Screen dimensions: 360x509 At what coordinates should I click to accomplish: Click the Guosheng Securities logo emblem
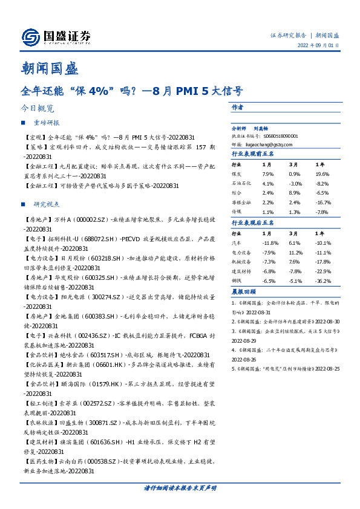click(x=30, y=37)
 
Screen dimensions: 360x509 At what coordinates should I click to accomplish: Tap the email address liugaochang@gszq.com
click(x=270, y=144)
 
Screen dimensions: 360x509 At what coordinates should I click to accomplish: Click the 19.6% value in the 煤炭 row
click(x=322, y=174)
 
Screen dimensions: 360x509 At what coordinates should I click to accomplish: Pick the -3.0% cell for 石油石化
click(x=295, y=183)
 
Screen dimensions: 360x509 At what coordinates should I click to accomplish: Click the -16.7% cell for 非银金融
click(x=322, y=203)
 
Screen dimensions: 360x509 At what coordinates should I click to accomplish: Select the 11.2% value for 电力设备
click(x=294, y=252)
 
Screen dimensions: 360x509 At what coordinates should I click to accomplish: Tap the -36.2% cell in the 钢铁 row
click(x=323, y=280)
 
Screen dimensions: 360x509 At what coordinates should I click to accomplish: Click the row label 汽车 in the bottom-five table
click(x=237, y=242)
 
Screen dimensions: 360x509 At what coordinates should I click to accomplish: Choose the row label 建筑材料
click(x=241, y=271)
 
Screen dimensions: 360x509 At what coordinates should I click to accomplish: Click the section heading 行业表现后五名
click(x=252, y=223)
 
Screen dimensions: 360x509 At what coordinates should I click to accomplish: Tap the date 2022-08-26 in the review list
click(x=246, y=358)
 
